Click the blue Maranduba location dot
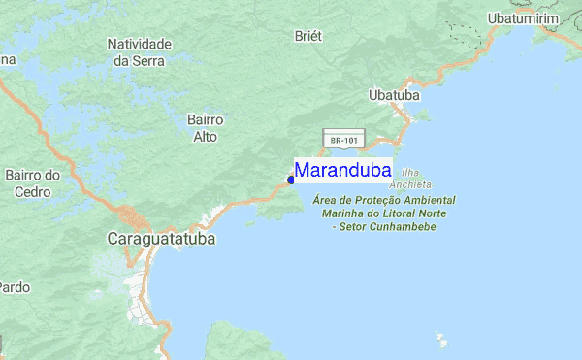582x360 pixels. pyautogui.click(x=291, y=180)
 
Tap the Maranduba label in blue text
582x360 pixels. pyautogui.click(x=342, y=171)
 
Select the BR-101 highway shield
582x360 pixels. pyautogui.click(x=344, y=140)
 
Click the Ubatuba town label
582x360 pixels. pyautogui.click(x=394, y=96)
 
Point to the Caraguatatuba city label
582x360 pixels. pyautogui.click(x=161, y=238)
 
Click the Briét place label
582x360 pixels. pyautogui.click(x=307, y=35)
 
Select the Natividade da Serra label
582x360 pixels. pyautogui.click(x=140, y=52)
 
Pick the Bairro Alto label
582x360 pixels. pyautogui.click(x=206, y=128)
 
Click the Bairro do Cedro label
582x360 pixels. pyautogui.click(x=33, y=183)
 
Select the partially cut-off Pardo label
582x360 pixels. pyautogui.click(x=13, y=287)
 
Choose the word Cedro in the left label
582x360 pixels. pyautogui.click(x=33, y=191)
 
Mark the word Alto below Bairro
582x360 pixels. pyautogui.click(x=206, y=136)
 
